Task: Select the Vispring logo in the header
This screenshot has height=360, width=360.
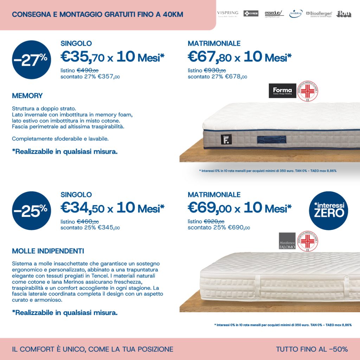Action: coord(228,14)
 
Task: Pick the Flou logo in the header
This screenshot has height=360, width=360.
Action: coord(343,14)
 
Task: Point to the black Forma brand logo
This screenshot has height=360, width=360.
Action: coord(282,91)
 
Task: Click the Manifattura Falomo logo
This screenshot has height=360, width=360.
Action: coord(287,241)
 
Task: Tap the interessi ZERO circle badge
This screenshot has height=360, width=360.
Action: coord(329,211)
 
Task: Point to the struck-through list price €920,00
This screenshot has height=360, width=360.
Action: coord(214,221)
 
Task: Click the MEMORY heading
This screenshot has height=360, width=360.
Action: coord(27,96)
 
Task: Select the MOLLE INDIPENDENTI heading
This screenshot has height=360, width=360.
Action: coord(48,251)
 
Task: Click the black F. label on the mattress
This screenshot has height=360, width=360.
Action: coord(225,139)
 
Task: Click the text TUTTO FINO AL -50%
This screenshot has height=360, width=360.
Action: coord(312,349)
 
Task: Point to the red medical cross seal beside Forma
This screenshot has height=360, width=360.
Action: coord(308,91)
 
